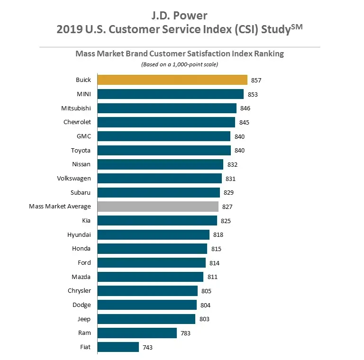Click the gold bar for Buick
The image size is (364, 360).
click(172, 80)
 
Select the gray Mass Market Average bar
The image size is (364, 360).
click(158, 207)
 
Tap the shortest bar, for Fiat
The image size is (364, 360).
click(118, 347)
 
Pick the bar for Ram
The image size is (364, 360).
click(137, 333)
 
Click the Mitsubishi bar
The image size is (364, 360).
click(167, 108)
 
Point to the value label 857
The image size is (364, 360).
click(256, 81)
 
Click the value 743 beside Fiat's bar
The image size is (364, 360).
click(148, 348)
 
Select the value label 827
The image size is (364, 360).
click(227, 207)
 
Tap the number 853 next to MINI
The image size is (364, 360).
click(253, 94)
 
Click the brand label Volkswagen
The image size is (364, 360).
click(74, 179)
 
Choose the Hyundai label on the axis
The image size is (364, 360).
click(79, 234)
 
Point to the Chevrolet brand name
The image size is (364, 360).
click(77, 122)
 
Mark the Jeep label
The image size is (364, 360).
click(84, 319)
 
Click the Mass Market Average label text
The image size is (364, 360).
click(60, 207)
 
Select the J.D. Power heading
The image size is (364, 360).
click(180, 16)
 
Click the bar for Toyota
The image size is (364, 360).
click(164, 150)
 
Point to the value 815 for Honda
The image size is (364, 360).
click(216, 249)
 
